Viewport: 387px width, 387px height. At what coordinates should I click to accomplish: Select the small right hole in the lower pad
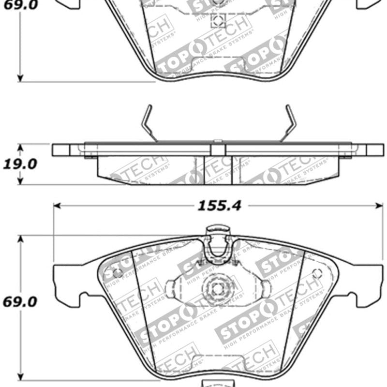click(317, 273)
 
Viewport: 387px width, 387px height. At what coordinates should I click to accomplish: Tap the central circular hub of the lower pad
click(217, 289)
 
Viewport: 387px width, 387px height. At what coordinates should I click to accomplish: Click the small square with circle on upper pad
click(219, 20)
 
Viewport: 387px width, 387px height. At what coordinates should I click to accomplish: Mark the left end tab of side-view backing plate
click(61, 149)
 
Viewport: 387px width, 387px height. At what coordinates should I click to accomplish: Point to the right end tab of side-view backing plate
click(374, 149)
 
